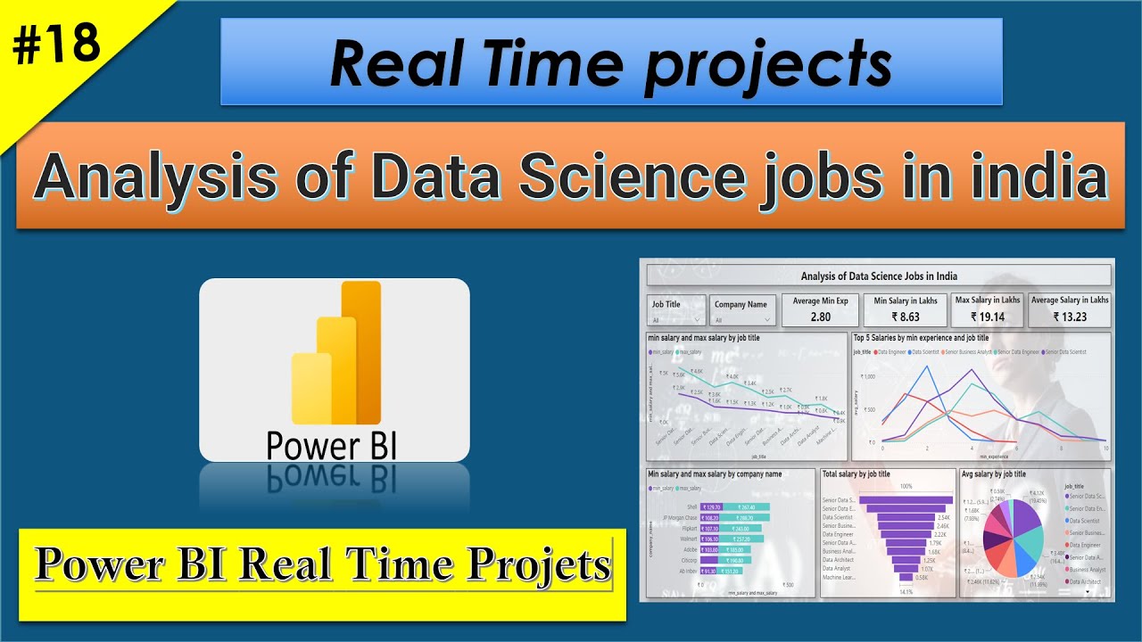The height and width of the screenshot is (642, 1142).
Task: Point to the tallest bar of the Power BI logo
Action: [361, 352]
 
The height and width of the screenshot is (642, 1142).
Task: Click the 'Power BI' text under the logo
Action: [332, 444]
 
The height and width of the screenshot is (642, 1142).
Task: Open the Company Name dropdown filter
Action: [741, 311]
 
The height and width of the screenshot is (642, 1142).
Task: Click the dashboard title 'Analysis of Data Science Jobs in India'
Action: [879, 276]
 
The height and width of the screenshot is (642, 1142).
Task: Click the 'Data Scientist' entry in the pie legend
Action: [1085, 520]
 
